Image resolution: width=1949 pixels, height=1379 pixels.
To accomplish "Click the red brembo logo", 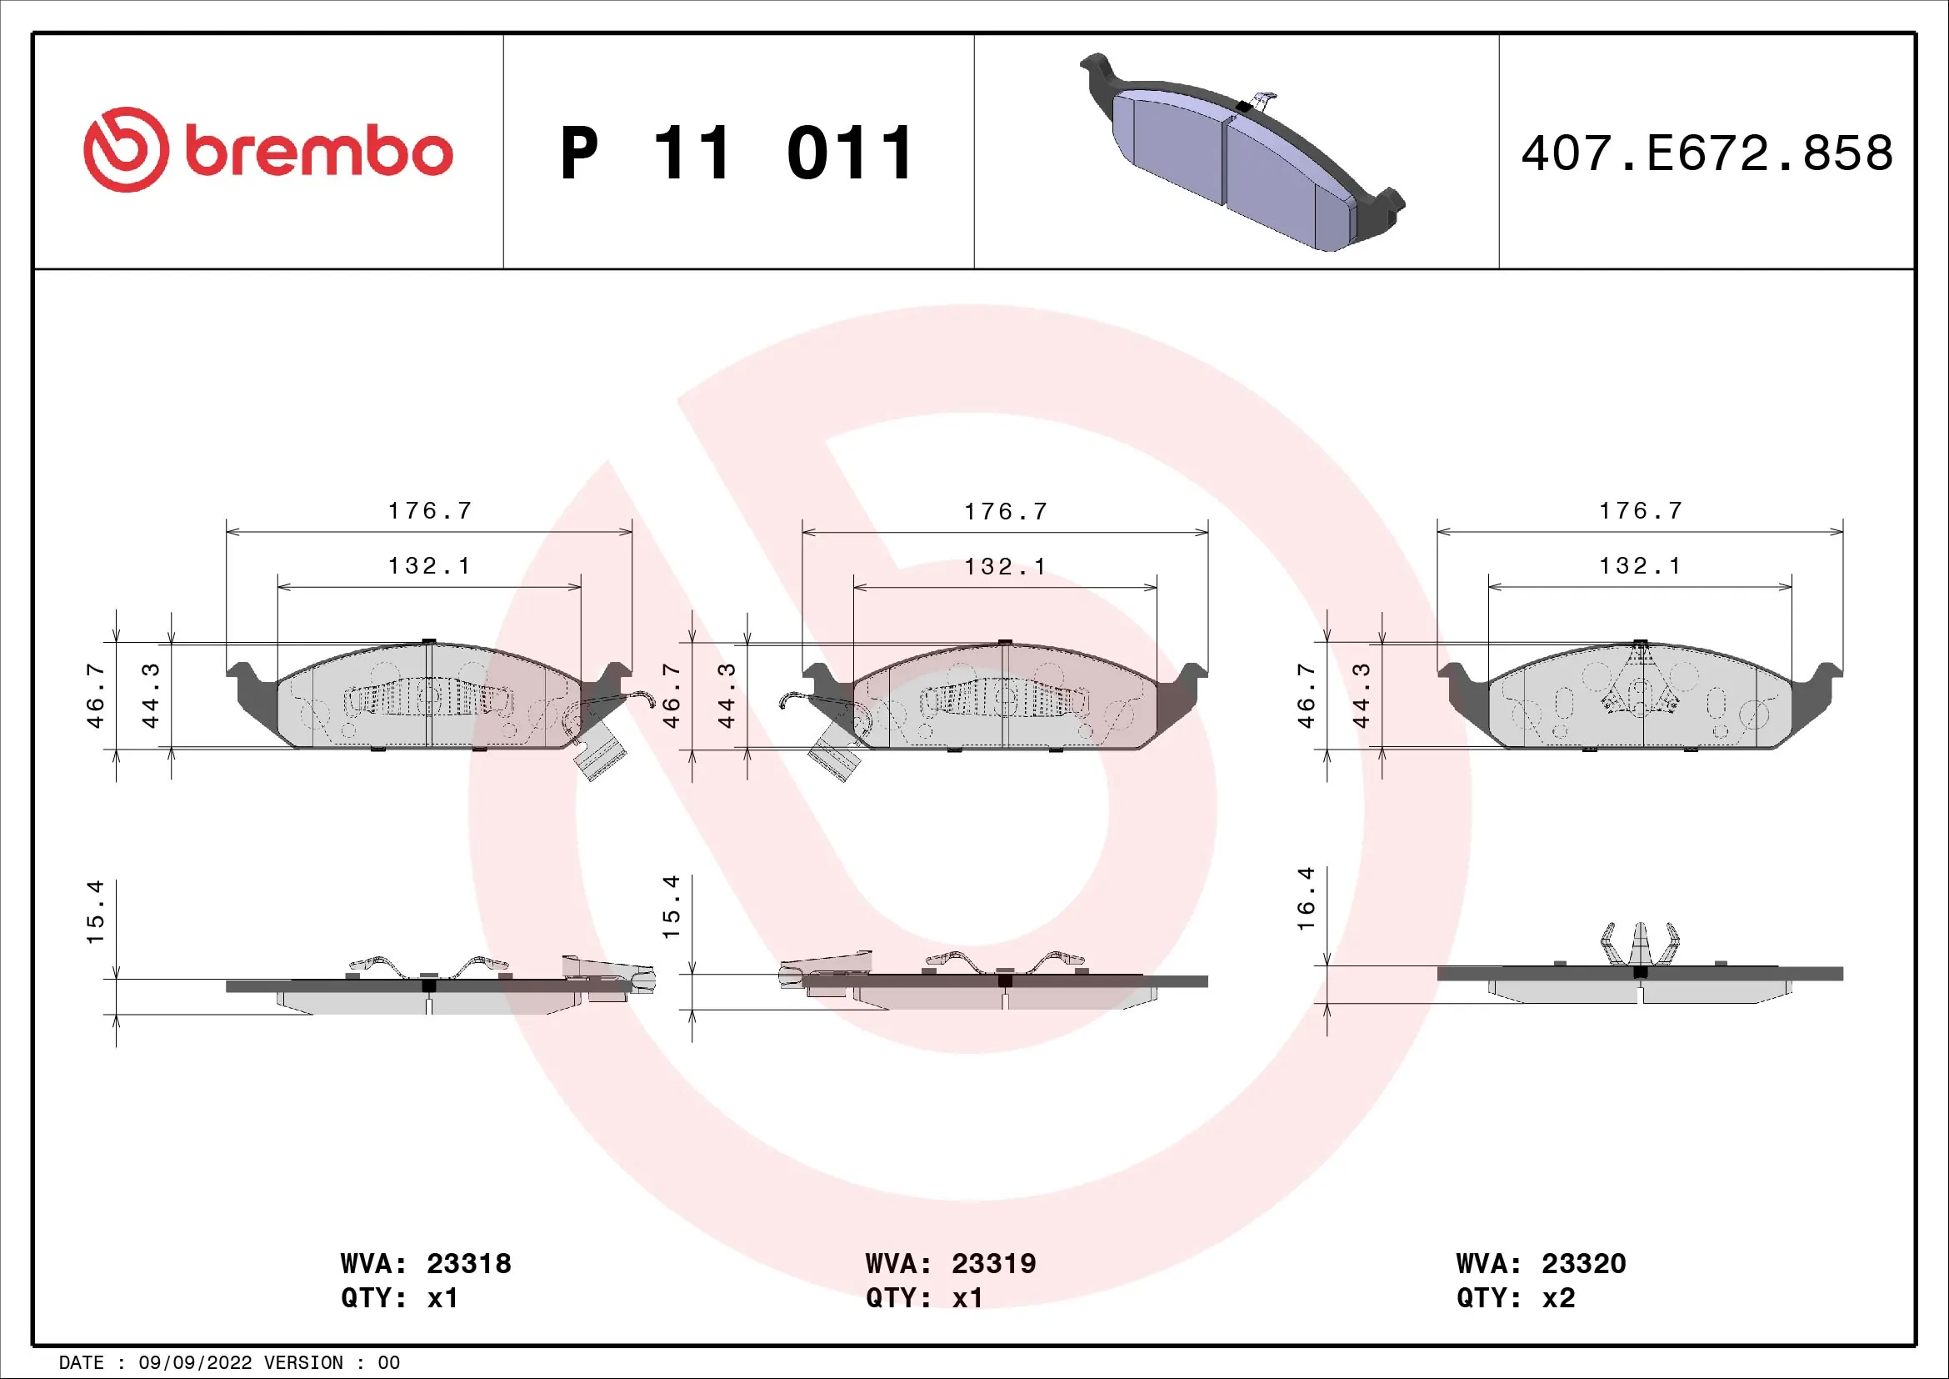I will pyautogui.click(x=267, y=150).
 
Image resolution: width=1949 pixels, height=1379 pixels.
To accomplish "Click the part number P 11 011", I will pyautogui.click(x=737, y=153).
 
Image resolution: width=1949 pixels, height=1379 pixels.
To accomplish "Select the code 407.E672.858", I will pyautogui.click(x=1707, y=153).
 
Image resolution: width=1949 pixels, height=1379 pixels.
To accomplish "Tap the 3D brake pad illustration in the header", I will pyautogui.click(x=1241, y=153).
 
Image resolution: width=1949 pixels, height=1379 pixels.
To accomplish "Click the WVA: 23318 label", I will pyautogui.click(x=425, y=1263).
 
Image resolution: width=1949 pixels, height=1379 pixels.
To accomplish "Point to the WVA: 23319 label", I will pyautogui.click(x=950, y=1263).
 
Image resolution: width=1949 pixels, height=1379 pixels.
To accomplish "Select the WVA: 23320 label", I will pyautogui.click(x=1540, y=1263).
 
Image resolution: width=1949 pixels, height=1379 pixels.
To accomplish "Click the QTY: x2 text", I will pyautogui.click(x=1515, y=1298).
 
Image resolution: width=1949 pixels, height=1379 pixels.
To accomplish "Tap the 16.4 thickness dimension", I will pyautogui.click(x=1307, y=899).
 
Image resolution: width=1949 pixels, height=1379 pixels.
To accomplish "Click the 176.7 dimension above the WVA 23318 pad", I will pyautogui.click(x=429, y=510).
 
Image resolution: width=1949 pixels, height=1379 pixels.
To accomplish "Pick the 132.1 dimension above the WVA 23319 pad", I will pyautogui.click(x=1005, y=566).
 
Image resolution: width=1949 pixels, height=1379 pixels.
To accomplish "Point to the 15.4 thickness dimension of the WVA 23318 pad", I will pyautogui.click(x=95, y=911).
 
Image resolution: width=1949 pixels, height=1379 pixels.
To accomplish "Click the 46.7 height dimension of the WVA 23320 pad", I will pyautogui.click(x=1307, y=696).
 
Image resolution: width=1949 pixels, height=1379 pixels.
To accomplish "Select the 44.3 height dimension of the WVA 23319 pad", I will pyautogui.click(x=727, y=696).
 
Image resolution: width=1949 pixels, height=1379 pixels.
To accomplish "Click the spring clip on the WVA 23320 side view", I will pyautogui.click(x=1639, y=944).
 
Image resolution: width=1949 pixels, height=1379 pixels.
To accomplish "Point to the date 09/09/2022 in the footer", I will pyautogui.click(x=194, y=1363).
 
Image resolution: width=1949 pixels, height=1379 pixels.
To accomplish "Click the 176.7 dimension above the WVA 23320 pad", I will pyautogui.click(x=1640, y=510).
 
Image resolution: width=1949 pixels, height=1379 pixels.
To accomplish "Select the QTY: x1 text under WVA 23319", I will pyautogui.click(x=923, y=1298).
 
